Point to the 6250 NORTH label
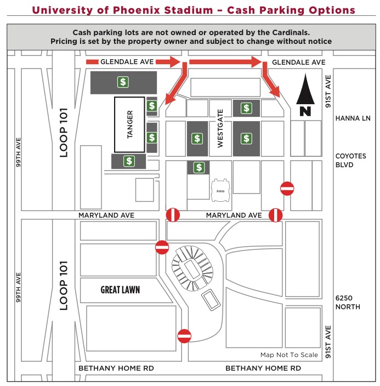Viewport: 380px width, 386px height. pyautogui.click(x=348, y=302)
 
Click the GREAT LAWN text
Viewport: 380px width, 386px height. pyautogui.click(x=120, y=289)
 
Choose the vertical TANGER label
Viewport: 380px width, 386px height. pyautogui.click(x=130, y=124)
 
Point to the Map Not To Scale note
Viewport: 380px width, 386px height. pyautogui.click(x=289, y=355)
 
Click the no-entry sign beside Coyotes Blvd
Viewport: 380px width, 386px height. pyautogui.click(x=287, y=189)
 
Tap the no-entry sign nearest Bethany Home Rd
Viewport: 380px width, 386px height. pyautogui.click(x=184, y=336)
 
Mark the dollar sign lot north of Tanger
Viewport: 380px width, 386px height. pyautogui.click(x=123, y=82)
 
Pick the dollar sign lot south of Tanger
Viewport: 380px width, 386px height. pyautogui.click(x=129, y=161)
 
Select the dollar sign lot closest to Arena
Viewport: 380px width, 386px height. pyautogui.click(x=198, y=167)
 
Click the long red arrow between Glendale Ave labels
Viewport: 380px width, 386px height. pyautogui.click(x=225, y=63)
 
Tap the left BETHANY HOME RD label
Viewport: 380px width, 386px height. pyautogui.click(x=116, y=368)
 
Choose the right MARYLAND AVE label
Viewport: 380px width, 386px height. pyautogui.click(x=234, y=215)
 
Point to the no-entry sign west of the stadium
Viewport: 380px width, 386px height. pyautogui.click(x=162, y=247)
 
